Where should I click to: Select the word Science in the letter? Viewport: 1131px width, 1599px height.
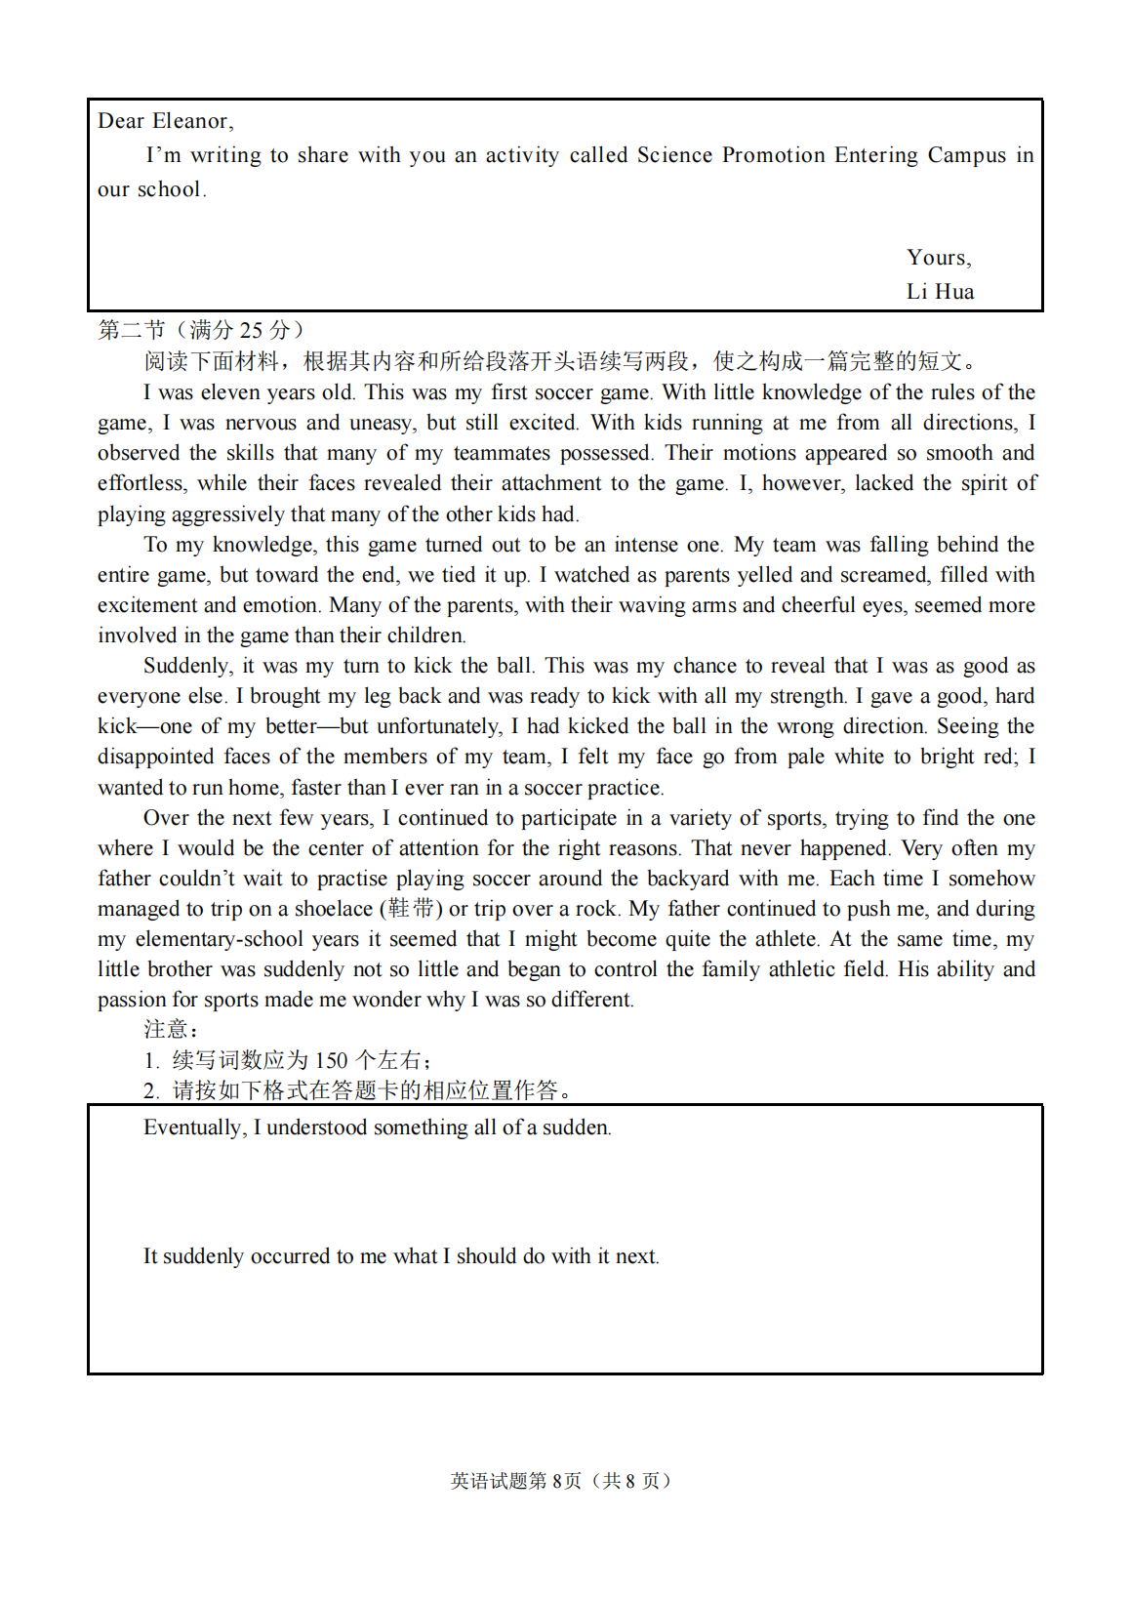point(674,155)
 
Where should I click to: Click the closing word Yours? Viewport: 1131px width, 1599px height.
point(937,258)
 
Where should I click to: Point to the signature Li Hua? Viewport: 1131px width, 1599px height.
point(940,292)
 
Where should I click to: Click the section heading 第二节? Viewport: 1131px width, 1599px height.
point(132,330)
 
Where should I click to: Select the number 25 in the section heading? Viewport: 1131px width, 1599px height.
point(251,330)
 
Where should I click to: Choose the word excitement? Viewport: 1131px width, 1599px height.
point(146,605)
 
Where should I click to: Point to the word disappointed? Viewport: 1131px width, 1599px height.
point(155,757)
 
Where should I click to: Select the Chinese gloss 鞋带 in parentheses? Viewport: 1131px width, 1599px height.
point(411,909)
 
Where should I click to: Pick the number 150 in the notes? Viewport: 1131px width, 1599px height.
point(331,1061)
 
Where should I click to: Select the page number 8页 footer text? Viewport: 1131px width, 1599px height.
point(566,1481)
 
